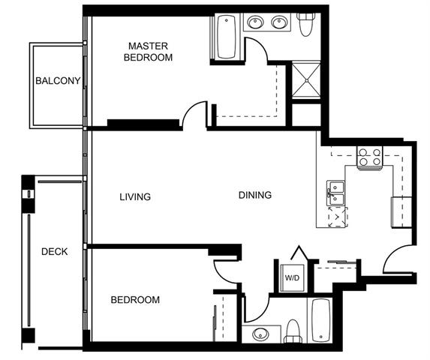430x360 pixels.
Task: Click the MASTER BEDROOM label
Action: click(148, 52)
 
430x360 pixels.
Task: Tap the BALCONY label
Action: click(58, 81)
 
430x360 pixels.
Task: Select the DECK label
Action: click(55, 251)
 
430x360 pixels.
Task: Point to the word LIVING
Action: click(135, 196)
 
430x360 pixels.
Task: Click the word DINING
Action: click(255, 195)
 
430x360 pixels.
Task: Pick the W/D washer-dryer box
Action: click(292, 278)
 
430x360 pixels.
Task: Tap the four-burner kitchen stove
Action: click(370, 158)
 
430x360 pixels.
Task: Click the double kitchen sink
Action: click(335, 193)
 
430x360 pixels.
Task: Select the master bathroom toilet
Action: click(305, 24)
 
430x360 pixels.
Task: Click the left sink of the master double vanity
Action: click(256, 22)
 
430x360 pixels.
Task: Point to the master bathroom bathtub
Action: click(226, 37)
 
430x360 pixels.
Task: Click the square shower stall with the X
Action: click(306, 79)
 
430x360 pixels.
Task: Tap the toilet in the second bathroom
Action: click(293, 331)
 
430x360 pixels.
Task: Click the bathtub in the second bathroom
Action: click(321, 320)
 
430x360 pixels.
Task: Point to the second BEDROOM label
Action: click(135, 300)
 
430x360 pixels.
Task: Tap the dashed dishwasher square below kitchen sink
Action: click(338, 217)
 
